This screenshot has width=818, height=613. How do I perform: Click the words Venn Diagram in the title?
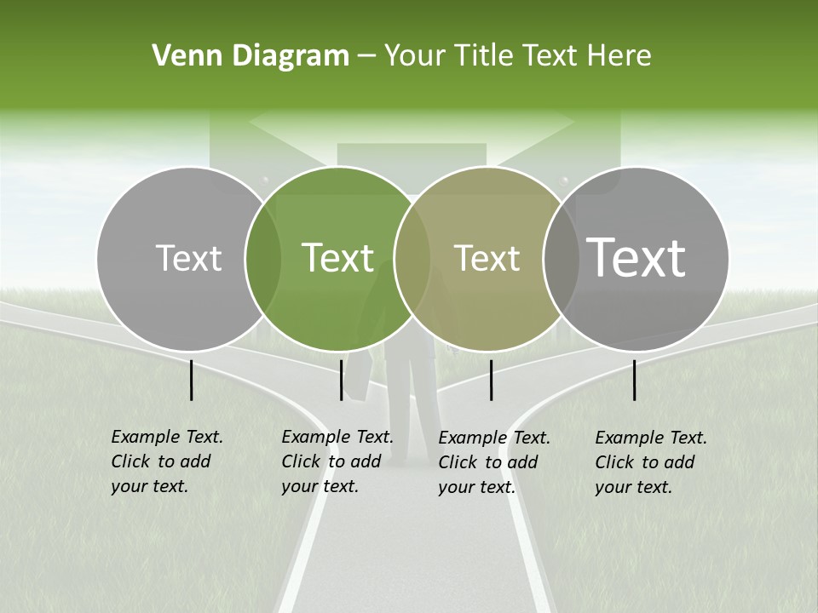[x=251, y=56]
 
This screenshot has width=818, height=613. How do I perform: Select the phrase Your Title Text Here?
[x=517, y=56]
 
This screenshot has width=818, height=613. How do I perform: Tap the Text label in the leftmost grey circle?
[x=188, y=258]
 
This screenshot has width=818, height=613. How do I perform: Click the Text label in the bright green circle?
[x=337, y=258]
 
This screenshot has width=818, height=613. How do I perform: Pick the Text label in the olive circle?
[x=487, y=258]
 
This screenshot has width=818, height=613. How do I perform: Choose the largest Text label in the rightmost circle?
[x=636, y=258]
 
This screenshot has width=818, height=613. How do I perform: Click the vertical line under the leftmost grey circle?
[x=191, y=380]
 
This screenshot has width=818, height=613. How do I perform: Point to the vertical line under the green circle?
[x=341, y=380]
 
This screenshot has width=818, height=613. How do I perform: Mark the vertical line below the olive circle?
[x=491, y=380]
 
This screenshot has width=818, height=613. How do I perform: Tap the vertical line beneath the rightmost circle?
[x=634, y=380]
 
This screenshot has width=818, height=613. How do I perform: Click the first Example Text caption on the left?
[x=166, y=461]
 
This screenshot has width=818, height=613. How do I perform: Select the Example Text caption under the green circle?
[x=337, y=461]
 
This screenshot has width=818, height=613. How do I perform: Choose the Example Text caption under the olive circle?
[x=494, y=462]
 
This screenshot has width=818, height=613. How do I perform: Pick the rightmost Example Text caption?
[x=651, y=462]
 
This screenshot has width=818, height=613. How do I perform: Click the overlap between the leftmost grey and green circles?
[x=263, y=258]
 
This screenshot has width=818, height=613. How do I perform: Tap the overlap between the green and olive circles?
[x=412, y=258]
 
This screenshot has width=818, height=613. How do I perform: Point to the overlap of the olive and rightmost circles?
[x=561, y=258]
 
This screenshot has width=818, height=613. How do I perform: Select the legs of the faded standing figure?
[x=411, y=409]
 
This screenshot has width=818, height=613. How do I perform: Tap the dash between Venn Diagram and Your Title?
[x=366, y=57]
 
